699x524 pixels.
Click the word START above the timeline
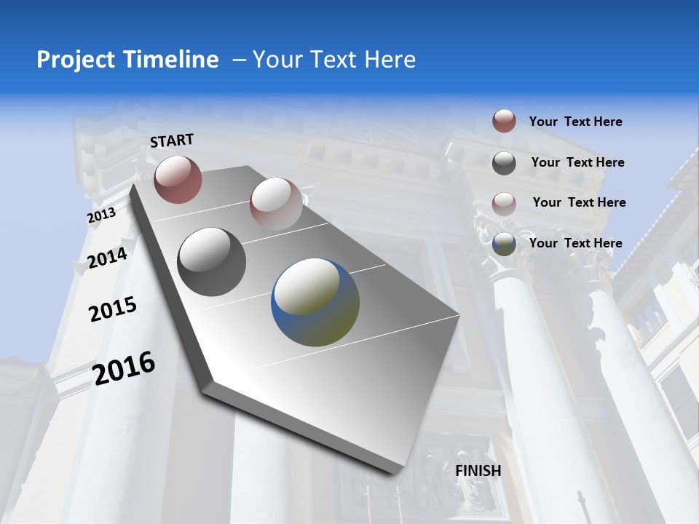point(172,140)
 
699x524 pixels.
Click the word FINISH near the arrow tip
point(478,471)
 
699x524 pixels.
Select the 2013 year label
point(101,215)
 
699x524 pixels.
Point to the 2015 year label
point(112,309)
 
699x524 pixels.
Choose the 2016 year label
point(124,368)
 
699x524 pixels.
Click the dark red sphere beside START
point(178,179)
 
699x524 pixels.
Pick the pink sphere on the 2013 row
point(276,203)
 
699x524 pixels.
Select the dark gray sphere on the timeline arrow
point(212,262)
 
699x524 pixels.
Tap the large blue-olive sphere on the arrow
point(315,303)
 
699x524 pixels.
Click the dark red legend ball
point(504,121)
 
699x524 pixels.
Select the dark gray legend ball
point(504,163)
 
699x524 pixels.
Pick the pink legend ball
point(504,203)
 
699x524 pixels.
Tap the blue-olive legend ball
point(504,244)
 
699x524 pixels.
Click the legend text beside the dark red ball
point(575,122)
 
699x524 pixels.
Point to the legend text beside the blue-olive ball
point(575,243)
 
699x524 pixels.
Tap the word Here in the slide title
point(389,60)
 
